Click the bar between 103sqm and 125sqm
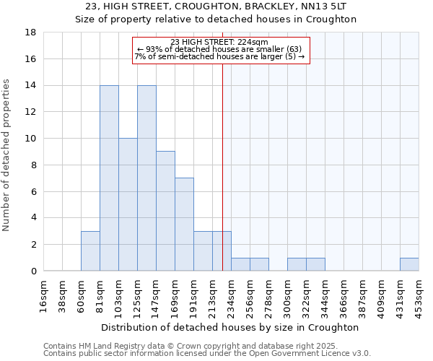point(128,204)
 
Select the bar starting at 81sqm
point(109,178)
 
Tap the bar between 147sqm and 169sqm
point(165,211)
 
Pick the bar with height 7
point(184,224)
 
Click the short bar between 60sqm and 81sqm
point(90,251)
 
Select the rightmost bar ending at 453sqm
point(409,264)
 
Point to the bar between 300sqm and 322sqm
point(297,264)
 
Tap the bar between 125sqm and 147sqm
point(146,178)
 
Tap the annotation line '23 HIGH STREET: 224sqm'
point(219,43)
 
